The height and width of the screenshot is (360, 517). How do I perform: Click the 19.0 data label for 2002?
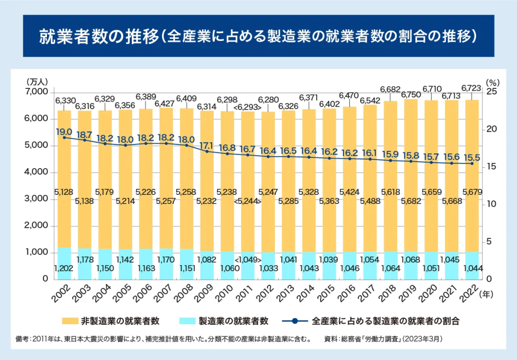coord(65,132)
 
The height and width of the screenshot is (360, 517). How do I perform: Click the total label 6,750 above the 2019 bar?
coord(411,94)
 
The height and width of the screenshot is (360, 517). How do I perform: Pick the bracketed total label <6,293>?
coord(247,108)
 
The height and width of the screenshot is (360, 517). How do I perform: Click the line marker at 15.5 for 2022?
coord(472,164)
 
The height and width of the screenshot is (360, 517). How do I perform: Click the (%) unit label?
coord(492,81)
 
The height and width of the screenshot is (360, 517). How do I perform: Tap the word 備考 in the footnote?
coord(23,338)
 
